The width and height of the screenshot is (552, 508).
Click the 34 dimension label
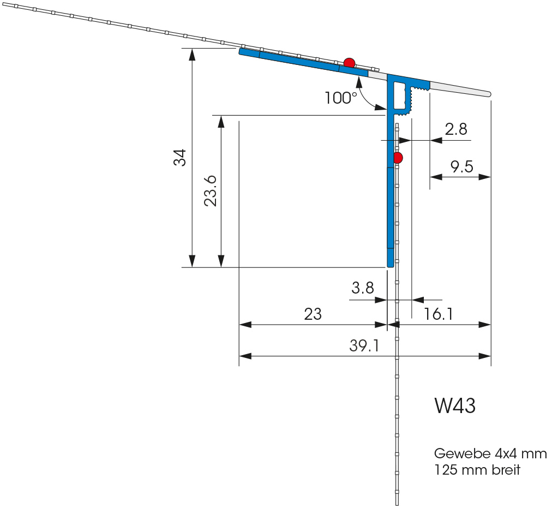point(180,158)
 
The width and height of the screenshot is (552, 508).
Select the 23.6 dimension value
point(211,190)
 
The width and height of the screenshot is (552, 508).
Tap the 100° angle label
point(341,98)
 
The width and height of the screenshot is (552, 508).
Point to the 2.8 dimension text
point(456,129)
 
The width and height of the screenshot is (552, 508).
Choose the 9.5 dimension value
point(461,166)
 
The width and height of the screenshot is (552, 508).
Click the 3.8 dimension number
point(362,288)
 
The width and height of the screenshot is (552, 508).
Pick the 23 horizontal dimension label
point(313,314)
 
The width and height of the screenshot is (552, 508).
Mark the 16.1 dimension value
point(438,314)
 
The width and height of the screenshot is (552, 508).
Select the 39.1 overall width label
point(364,345)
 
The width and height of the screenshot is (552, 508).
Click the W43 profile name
point(455,405)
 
